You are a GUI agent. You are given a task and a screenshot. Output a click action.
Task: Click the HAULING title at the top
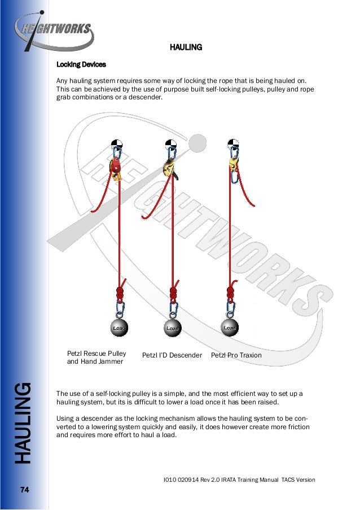186,47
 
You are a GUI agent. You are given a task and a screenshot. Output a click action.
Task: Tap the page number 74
24,489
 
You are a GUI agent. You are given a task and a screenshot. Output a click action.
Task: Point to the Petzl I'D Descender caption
172,355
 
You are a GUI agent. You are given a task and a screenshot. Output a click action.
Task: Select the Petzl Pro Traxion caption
236,355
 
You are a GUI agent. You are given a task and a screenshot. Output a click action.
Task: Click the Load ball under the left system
118,328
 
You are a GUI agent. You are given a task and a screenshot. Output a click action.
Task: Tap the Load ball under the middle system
172,328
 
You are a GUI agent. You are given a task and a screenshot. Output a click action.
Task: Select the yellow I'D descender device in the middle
168,168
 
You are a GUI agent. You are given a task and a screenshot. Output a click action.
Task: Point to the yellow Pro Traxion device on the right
232,164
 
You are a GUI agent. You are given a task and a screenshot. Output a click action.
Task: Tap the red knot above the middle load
174,294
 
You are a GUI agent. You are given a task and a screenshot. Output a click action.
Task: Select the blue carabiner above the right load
230,308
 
